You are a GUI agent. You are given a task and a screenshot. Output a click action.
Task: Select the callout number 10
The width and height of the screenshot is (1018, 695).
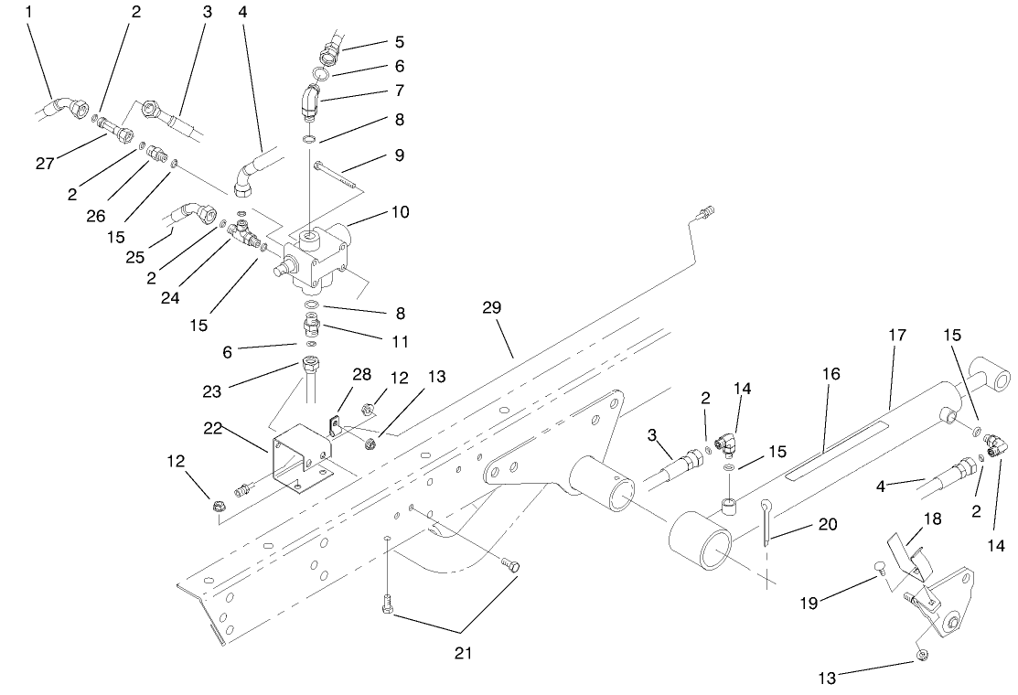pos(399,212)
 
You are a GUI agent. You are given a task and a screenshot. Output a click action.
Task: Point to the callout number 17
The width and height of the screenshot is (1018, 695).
pos(897,336)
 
